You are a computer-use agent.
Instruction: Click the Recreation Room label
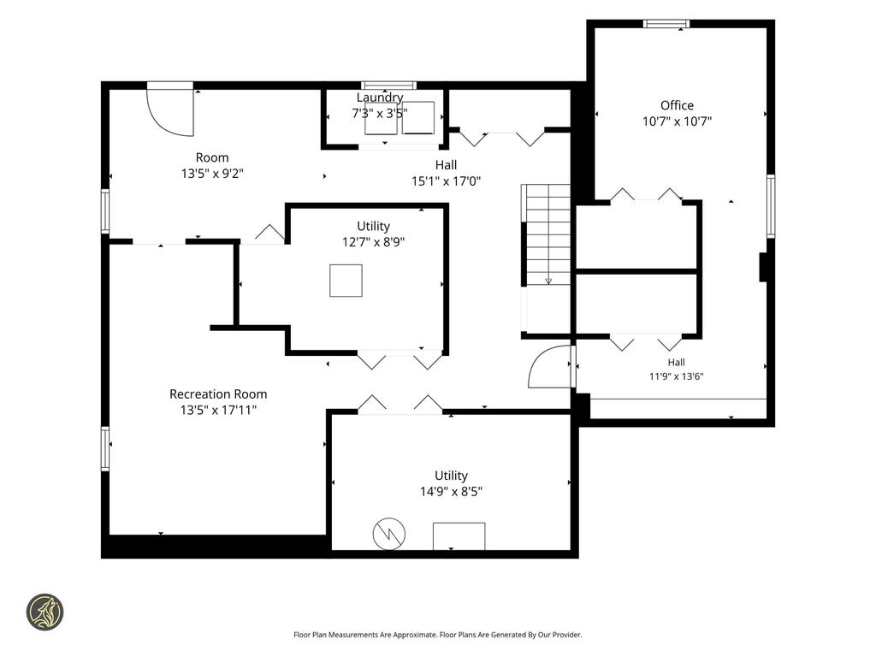tap(218, 394)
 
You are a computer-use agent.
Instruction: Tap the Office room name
tap(677, 105)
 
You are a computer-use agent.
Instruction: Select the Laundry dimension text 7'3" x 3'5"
tap(379, 114)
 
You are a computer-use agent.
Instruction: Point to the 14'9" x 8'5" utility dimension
tap(451, 492)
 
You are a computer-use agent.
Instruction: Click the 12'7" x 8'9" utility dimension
tap(373, 242)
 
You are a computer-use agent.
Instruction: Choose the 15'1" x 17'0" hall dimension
tap(446, 181)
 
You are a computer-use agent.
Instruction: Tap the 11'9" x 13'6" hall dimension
tap(676, 376)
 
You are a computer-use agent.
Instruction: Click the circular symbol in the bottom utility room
tap(389, 534)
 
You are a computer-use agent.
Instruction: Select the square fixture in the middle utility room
tap(346, 281)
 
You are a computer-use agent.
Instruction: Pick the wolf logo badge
tap(44, 612)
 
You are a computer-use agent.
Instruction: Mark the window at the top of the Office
tap(666, 23)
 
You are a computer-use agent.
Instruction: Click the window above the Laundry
tap(388, 86)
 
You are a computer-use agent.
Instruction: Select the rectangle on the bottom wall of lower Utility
tap(459, 536)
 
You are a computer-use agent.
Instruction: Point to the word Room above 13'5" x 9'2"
tap(212, 157)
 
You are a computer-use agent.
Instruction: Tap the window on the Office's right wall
tap(771, 206)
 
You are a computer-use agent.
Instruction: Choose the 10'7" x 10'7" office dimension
tap(677, 121)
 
